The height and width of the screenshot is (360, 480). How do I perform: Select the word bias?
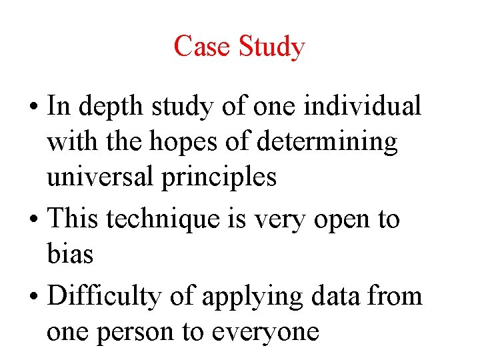(x=69, y=254)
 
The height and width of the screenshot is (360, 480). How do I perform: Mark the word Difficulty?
(x=107, y=295)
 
